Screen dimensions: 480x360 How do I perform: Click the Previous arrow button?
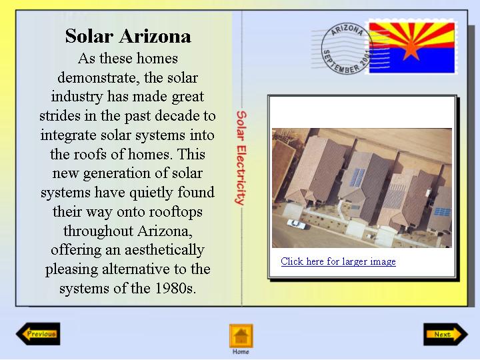pyautogui.click(x=38, y=334)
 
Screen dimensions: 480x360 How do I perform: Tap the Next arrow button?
pyautogui.click(x=446, y=334)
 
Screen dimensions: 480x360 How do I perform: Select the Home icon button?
pyautogui.click(x=241, y=336)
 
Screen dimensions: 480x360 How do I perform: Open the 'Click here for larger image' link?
pyautogui.click(x=338, y=261)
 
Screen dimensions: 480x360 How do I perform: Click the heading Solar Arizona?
pyautogui.click(x=128, y=36)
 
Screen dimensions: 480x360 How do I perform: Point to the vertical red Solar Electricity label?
pyautogui.click(x=241, y=157)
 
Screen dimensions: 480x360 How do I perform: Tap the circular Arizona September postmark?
pyautogui.click(x=347, y=49)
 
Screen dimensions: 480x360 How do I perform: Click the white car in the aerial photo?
pyautogui.click(x=296, y=224)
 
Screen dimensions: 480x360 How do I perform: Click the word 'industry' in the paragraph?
pyautogui.click(x=77, y=97)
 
